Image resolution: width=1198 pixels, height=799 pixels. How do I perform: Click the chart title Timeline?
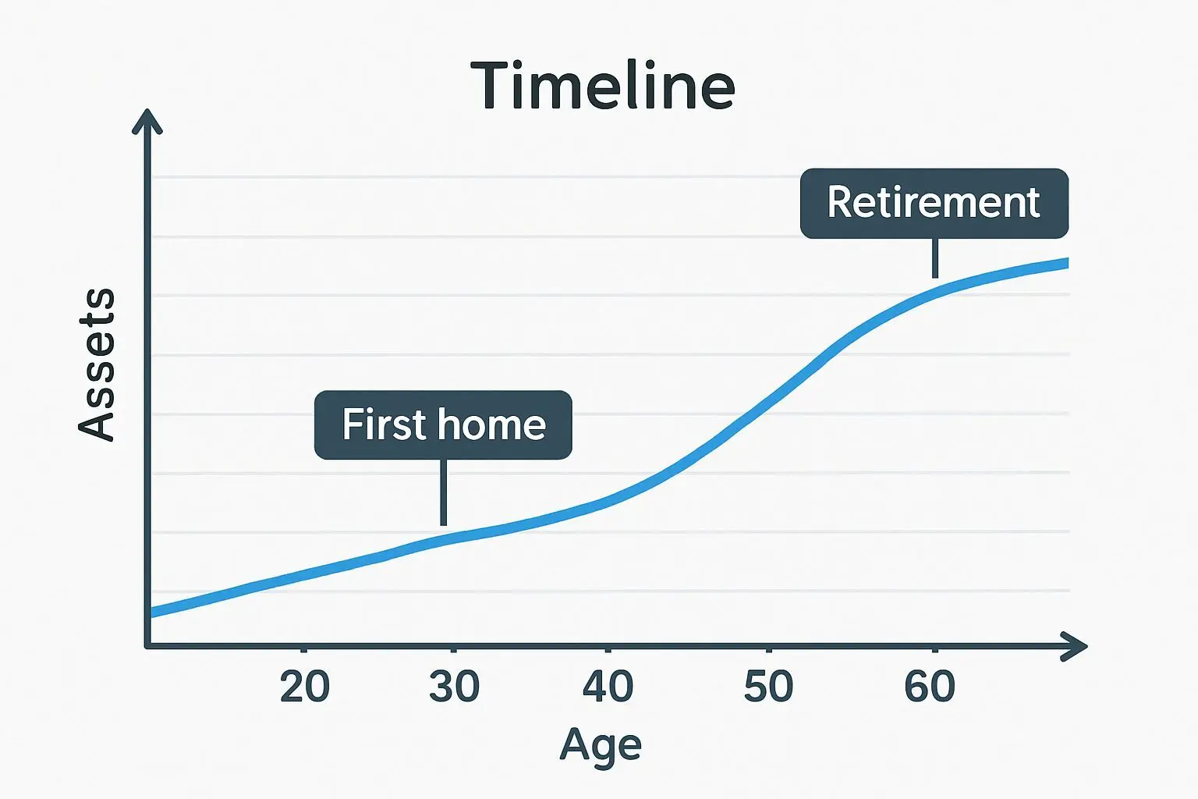pyautogui.click(x=602, y=86)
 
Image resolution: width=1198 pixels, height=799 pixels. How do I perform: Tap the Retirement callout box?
pyautogui.click(x=934, y=204)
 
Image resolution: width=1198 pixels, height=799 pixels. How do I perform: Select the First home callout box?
pyautogui.click(x=443, y=425)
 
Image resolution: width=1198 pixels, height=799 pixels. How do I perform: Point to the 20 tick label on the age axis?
pyautogui.click(x=304, y=686)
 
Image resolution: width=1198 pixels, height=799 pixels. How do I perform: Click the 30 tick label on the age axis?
pyautogui.click(x=454, y=686)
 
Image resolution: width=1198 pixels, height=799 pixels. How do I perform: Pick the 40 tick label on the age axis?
pyautogui.click(x=608, y=686)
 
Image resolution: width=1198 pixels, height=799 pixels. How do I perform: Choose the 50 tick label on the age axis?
pyautogui.click(x=768, y=686)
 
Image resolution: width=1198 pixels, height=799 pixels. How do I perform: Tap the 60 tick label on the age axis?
pyautogui.click(x=930, y=686)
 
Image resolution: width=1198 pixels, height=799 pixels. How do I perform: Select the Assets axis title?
pyautogui.click(x=97, y=365)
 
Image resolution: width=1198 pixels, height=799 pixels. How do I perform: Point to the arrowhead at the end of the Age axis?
pyautogui.click(x=1074, y=647)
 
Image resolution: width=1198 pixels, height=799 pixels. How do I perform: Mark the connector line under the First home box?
pyautogui.click(x=443, y=492)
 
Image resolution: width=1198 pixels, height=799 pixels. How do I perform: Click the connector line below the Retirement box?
pyautogui.click(x=935, y=258)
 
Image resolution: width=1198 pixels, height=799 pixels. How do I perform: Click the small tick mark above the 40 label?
pyautogui.click(x=608, y=650)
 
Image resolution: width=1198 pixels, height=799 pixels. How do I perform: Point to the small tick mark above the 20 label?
pyautogui.click(x=303, y=650)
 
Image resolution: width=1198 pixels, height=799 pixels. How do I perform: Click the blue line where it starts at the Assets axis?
pyautogui.click(x=152, y=613)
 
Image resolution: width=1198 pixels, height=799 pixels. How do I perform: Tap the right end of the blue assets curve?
pyautogui.click(x=1068, y=263)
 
